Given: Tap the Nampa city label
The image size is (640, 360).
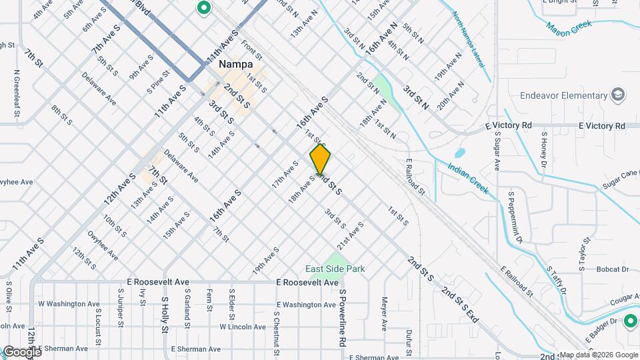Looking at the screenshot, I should [x=235, y=65].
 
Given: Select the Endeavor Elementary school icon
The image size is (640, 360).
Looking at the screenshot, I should [x=618, y=95].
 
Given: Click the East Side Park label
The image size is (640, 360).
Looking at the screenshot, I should [x=335, y=269].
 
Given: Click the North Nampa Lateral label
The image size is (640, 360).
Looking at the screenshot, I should [x=471, y=46].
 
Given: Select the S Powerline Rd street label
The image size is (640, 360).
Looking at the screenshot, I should [x=343, y=318].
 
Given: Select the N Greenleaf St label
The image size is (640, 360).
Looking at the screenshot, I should [x=17, y=89].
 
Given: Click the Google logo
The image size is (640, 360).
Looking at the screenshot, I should [x=21, y=351].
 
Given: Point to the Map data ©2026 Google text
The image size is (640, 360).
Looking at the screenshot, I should [x=597, y=355].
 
